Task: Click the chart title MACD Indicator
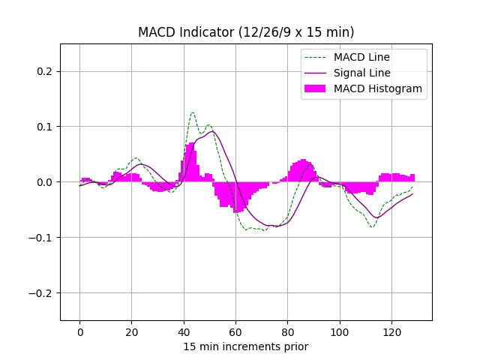(x=246, y=32)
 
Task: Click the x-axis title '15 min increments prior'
(x=246, y=346)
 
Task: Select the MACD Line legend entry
(x=361, y=57)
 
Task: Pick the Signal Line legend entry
(x=361, y=73)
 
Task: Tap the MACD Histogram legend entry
(x=377, y=88)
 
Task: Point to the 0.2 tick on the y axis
(x=46, y=71)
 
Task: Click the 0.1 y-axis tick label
(x=46, y=127)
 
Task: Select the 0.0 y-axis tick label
(x=46, y=182)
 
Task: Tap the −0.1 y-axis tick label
(x=43, y=238)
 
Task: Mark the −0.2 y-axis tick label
(x=43, y=293)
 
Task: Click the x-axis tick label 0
(x=79, y=331)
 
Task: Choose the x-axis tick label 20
(x=131, y=331)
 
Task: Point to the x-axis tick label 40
(x=184, y=331)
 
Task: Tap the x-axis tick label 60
(x=235, y=331)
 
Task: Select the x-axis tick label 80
(x=287, y=331)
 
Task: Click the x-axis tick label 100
(x=340, y=331)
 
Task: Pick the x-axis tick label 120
(x=391, y=331)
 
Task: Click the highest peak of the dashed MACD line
(x=192, y=112)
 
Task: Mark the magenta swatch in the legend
(x=316, y=88)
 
